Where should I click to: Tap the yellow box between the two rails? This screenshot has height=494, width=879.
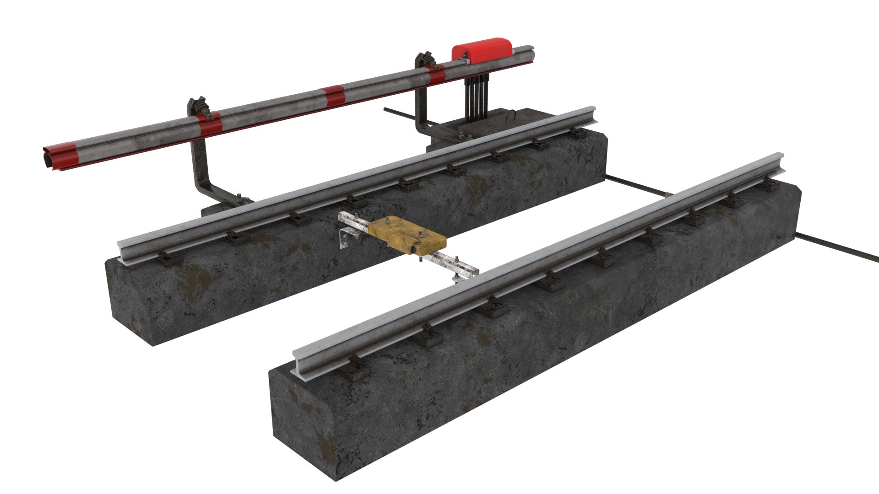click(x=407, y=235)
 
